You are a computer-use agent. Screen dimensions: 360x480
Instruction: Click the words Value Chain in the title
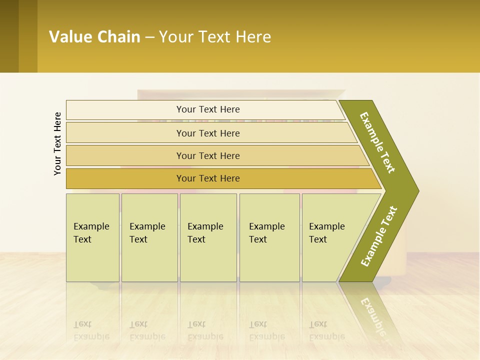(x=94, y=36)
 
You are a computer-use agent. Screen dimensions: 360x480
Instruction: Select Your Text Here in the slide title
(x=215, y=36)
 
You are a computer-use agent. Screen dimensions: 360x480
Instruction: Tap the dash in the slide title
(x=149, y=37)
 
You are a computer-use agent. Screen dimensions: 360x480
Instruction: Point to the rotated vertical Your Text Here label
(x=57, y=143)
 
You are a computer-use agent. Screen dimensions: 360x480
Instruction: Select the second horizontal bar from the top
(x=207, y=133)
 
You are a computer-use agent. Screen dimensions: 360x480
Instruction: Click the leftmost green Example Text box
(x=92, y=237)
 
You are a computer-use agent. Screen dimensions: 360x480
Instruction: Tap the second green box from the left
(x=149, y=237)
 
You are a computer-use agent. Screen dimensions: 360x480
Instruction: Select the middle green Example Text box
(x=208, y=237)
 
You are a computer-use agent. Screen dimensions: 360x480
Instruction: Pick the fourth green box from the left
(x=269, y=237)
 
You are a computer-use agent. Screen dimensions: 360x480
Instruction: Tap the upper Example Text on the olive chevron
(x=377, y=142)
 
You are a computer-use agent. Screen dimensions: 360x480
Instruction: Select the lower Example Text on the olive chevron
(x=379, y=236)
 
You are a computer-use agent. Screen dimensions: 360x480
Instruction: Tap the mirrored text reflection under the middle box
(x=205, y=330)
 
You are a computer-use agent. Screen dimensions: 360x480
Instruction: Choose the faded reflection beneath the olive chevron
(x=372, y=315)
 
